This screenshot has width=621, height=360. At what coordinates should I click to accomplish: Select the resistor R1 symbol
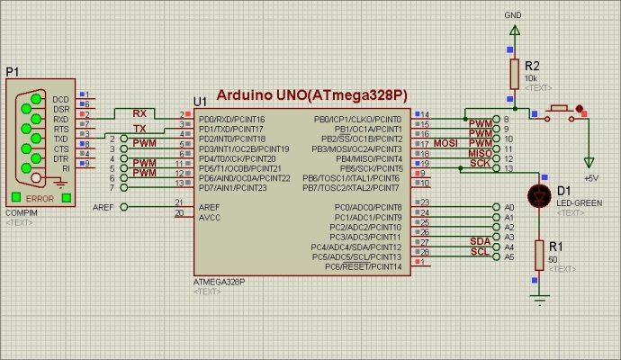(538, 254)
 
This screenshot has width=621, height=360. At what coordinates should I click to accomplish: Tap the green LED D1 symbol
(538, 193)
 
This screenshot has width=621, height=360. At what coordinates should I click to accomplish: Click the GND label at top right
(513, 16)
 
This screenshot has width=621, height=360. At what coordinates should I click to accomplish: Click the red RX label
(139, 114)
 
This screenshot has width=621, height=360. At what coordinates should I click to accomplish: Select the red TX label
(139, 129)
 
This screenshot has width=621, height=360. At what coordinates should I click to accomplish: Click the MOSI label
(447, 143)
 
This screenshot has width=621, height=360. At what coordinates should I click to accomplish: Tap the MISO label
(480, 153)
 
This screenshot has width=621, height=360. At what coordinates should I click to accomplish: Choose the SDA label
(480, 241)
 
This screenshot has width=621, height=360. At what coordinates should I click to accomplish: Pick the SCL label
(480, 251)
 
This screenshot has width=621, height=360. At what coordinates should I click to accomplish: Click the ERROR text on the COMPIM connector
(41, 198)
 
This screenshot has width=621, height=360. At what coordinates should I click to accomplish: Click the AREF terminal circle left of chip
(123, 207)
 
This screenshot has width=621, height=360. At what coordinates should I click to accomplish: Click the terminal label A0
(508, 208)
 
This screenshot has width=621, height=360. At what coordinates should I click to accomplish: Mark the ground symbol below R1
(538, 297)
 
